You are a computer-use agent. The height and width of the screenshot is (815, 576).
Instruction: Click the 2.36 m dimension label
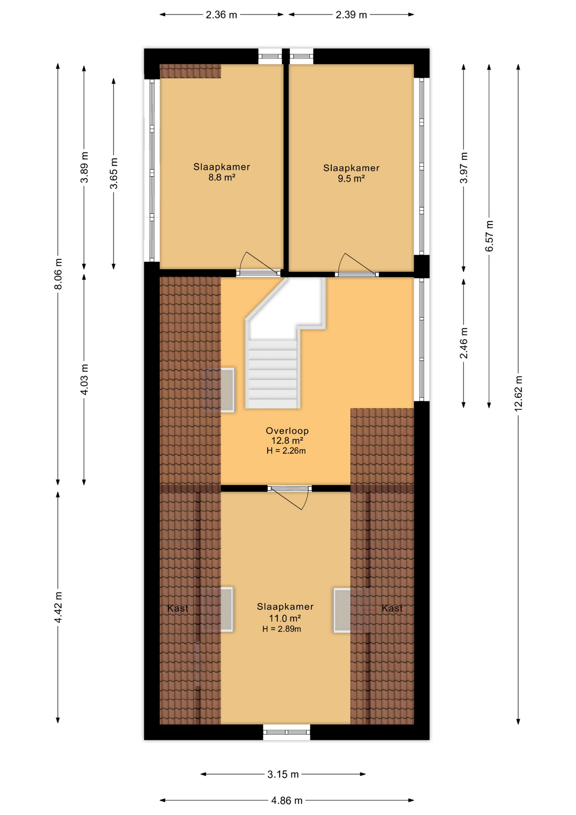pos(221,15)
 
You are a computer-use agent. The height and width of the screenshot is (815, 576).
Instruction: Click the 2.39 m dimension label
pos(351,15)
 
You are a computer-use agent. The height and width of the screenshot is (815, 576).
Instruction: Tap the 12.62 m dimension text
pos(518,393)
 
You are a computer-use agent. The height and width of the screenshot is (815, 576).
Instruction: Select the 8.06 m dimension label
pos(58,274)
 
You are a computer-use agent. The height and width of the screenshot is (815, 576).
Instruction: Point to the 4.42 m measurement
pos(58,607)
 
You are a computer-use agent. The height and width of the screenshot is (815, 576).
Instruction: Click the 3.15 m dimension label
pos(283,774)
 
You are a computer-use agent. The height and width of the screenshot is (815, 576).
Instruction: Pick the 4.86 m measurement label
pos(287,801)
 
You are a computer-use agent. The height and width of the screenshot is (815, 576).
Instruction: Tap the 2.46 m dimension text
pos(464,343)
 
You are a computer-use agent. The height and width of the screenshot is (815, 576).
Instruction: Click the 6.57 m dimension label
pos(489,236)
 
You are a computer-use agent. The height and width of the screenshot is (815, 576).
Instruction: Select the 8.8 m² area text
pos(222,177)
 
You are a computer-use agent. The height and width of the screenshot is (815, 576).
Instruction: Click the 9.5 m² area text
pos(351,179)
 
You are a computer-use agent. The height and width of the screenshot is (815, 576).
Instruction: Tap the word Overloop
pos(287,430)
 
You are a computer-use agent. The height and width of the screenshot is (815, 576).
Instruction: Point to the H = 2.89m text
pos(282,629)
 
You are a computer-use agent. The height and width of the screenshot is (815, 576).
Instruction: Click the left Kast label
pos(178,608)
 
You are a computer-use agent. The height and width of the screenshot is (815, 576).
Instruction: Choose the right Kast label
pos(392,608)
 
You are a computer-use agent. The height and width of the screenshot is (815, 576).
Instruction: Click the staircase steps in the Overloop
pos(273,374)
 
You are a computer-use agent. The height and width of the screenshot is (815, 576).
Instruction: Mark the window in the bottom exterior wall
pos(286,732)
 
